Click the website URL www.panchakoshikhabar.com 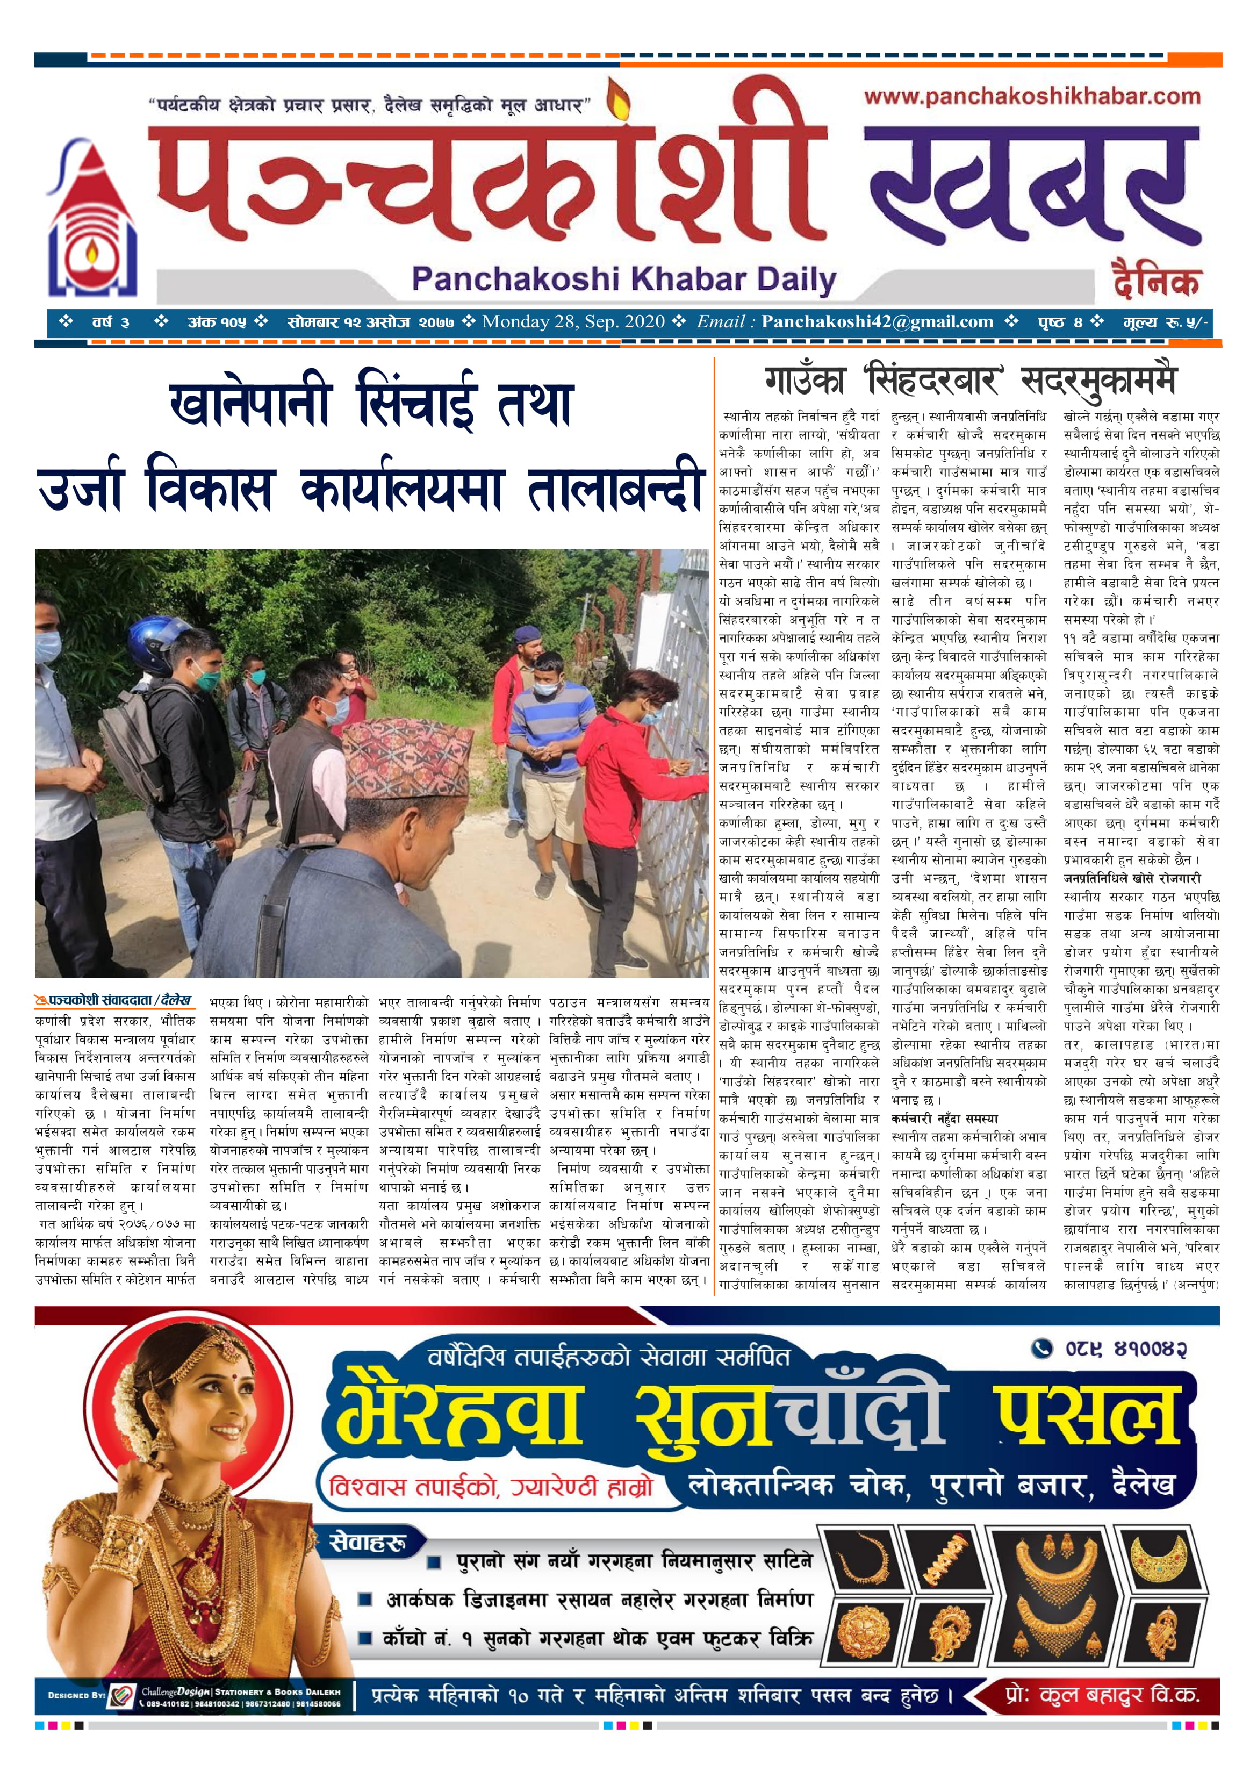pyautogui.click(x=1032, y=97)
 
